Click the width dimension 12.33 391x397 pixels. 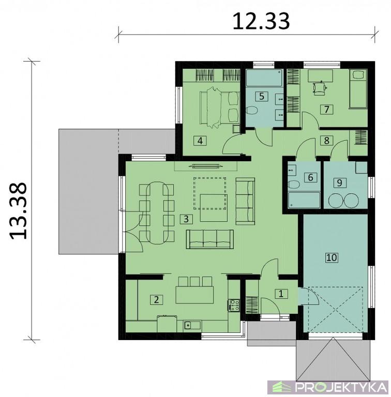tap(261, 22)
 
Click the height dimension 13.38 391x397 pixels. tap(18, 211)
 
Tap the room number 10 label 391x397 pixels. tap(332, 258)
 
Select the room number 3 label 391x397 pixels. tap(186, 219)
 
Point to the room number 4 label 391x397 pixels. tap(200, 141)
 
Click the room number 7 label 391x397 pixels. tap(326, 110)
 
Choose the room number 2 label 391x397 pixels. tap(157, 300)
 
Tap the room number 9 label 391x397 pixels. tap(340, 182)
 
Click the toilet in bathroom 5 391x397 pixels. tap(252, 111)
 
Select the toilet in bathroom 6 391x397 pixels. tap(294, 185)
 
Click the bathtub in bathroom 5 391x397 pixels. tap(264, 78)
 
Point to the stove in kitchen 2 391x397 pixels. tap(234, 305)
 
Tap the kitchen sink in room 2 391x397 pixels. tap(192, 325)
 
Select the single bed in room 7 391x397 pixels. tap(358, 89)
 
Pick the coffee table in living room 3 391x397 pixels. tap(214, 208)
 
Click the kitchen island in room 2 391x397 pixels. tap(194, 295)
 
